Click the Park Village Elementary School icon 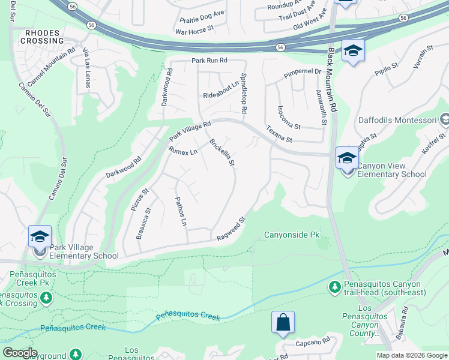[x=39, y=236]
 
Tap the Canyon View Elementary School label [x=392, y=170]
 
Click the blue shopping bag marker [x=283, y=322]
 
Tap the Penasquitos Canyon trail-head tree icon [x=335, y=288]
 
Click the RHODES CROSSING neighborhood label [x=41, y=36]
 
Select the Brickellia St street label [x=221, y=152]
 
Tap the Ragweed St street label [x=232, y=229]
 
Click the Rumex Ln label [x=183, y=151]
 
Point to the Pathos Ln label [x=180, y=211]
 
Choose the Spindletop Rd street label [x=244, y=94]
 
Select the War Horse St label [x=196, y=29]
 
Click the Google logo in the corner [x=19, y=353]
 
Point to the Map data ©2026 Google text [x=411, y=355]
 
